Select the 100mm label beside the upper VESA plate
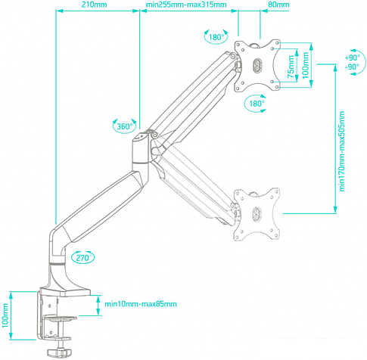[306, 66]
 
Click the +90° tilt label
[352, 57]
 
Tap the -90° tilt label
[352, 67]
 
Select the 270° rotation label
[83, 258]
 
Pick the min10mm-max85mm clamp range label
[141, 304]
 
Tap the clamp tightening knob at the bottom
[58, 352]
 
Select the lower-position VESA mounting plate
[258, 213]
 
